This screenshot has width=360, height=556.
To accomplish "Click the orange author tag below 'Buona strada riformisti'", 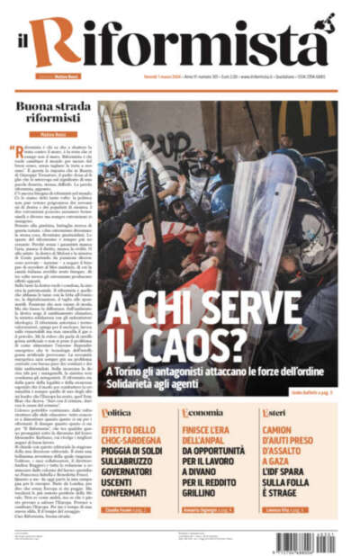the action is coord(51,135).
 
